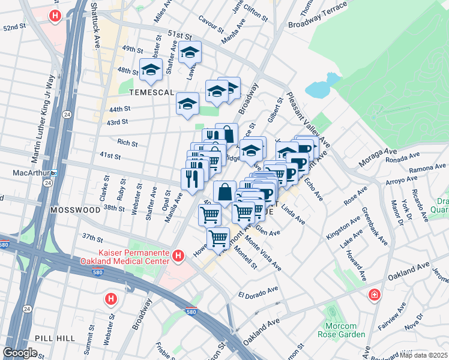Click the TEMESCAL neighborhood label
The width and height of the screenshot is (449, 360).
pyautogui.click(x=154, y=92)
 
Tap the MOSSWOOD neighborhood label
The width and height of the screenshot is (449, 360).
pyautogui.click(x=75, y=211)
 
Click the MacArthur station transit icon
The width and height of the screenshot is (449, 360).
pyautogui.click(x=53, y=173)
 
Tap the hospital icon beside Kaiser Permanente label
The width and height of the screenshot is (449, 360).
pyautogui.click(x=178, y=257)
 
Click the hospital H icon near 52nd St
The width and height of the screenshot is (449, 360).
pyautogui.click(x=55, y=16)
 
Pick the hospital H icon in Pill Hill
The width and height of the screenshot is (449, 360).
pyautogui.click(x=110, y=298)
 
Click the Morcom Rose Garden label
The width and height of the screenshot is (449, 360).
pyautogui.click(x=341, y=330)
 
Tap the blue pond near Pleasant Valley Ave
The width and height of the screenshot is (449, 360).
pyautogui.click(x=318, y=89)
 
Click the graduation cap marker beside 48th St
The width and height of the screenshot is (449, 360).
pyautogui.click(x=151, y=70)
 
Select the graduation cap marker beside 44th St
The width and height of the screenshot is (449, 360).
pyautogui.click(x=187, y=104)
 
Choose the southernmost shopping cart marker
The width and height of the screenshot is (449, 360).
pyautogui.click(x=218, y=238)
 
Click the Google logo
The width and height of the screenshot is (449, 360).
pyautogui.click(x=20, y=353)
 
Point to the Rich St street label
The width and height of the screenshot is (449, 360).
pyautogui.click(x=127, y=143)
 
